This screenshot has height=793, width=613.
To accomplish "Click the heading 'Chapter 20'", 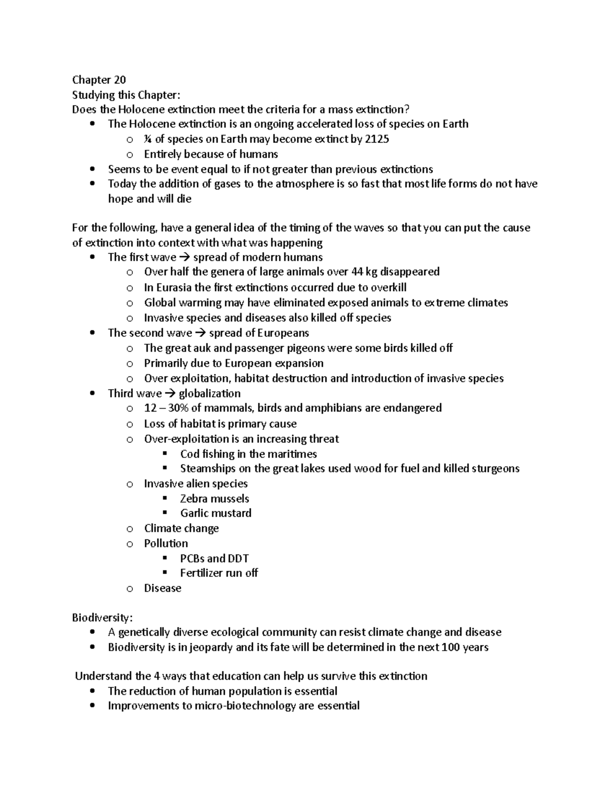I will (99, 80).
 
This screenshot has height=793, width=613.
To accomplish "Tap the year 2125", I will (377, 139).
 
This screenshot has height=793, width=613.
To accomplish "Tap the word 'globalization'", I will (209, 394).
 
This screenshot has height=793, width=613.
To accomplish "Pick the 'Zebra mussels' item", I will (215, 499).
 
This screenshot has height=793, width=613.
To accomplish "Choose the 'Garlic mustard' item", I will (216, 513).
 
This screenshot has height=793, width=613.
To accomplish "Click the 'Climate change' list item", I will (181, 528).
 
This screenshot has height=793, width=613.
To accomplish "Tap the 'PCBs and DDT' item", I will (215, 559).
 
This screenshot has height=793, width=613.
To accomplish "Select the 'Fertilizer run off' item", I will (219, 573).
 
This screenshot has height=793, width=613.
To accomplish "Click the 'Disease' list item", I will (162, 588).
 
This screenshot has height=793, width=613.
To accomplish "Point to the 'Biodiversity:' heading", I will (102, 618).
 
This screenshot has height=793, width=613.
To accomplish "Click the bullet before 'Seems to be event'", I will (92, 170).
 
